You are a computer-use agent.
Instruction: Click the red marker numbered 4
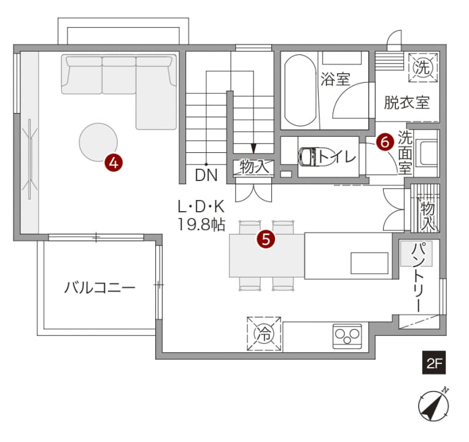(114, 163)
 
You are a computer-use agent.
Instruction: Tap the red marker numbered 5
(266, 239)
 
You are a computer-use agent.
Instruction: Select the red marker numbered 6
(385, 141)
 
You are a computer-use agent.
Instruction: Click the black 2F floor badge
(434, 362)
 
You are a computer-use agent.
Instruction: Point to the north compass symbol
(434, 406)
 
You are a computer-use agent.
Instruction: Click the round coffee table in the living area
(98, 142)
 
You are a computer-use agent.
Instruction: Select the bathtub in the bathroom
(300, 90)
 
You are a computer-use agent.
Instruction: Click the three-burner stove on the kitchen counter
(347, 336)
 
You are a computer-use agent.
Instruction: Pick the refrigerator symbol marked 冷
(264, 334)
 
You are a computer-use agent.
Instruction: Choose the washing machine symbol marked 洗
(423, 68)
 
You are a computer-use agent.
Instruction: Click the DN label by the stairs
(206, 175)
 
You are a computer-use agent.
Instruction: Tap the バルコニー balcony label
(100, 287)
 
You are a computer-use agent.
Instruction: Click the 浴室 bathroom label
(335, 79)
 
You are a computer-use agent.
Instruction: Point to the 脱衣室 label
(407, 103)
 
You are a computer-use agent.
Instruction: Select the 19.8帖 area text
(201, 224)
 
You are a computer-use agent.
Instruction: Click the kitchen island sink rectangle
(370, 263)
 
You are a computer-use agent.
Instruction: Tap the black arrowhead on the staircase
(254, 148)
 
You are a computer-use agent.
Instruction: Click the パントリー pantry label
(421, 277)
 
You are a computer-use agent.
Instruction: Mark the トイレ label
(337, 157)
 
